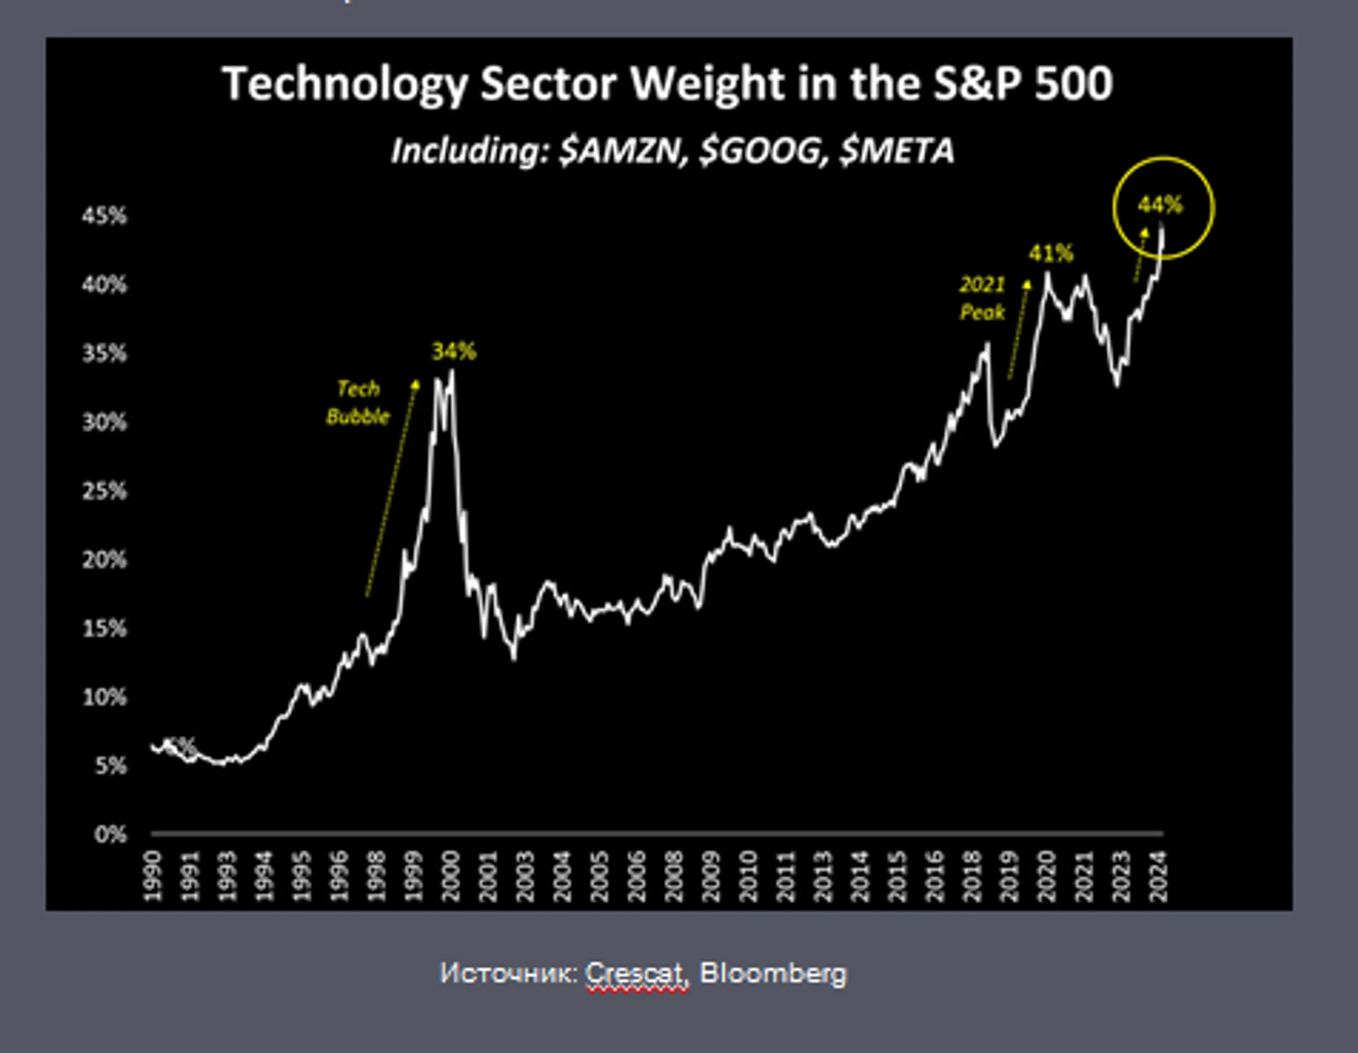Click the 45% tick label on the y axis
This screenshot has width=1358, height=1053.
coord(104,216)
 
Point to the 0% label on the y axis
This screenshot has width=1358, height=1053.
coord(111,835)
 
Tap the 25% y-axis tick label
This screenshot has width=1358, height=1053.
coord(104,491)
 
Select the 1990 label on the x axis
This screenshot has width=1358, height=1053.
coord(153,876)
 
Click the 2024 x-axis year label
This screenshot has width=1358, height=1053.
coord(1158,876)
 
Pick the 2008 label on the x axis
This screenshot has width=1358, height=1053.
coord(674,876)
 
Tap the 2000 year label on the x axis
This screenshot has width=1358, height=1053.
coord(451,876)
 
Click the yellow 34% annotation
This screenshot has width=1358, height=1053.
coord(454,351)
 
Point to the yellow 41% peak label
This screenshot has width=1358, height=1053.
coord(1051,253)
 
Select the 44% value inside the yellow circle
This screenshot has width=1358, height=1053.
coord(1161,204)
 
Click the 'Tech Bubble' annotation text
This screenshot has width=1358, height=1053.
coord(358,403)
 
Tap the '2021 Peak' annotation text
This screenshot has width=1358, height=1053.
coord(982,298)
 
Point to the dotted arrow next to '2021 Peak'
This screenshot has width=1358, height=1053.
coord(1018,330)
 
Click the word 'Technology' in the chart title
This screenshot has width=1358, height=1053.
coord(345,84)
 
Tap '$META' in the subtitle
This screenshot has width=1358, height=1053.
coord(897,151)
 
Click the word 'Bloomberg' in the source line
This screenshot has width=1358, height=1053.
coord(773,973)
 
